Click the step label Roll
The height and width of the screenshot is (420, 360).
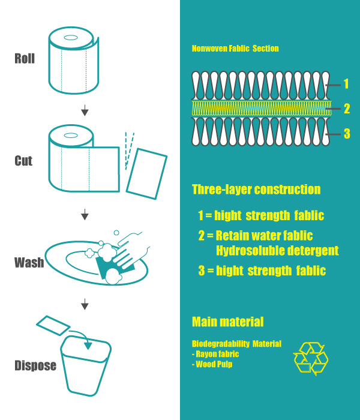(x=25, y=58)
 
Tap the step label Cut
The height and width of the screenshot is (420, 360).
(x=23, y=161)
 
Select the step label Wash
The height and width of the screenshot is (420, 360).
(x=29, y=263)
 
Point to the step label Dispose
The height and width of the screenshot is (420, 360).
(x=35, y=365)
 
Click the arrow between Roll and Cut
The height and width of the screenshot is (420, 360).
(x=85, y=110)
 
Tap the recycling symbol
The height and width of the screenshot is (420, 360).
(x=311, y=359)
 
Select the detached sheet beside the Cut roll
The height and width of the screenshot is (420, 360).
(x=146, y=174)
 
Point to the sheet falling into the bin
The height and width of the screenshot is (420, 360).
(x=53, y=325)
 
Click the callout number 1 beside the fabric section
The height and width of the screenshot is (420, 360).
(x=346, y=84)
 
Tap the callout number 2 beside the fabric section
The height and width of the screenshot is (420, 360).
(x=347, y=109)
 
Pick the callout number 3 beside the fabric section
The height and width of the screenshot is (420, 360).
(x=347, y=133)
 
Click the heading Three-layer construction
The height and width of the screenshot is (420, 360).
(x=256, y=190)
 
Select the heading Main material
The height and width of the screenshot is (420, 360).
(x=228, y=322)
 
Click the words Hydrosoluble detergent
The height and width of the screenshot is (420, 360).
(x=277, y=251)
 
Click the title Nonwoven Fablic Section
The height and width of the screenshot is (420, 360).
(x=235, y=49)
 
